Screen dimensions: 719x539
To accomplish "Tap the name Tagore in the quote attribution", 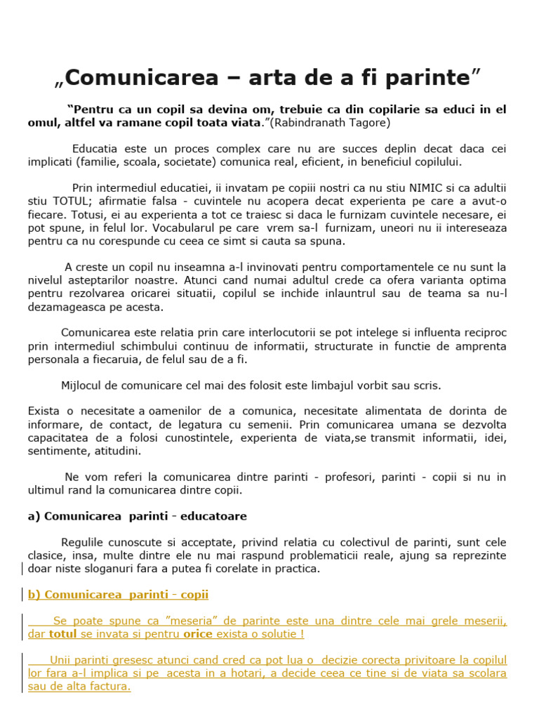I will tap(371, 122).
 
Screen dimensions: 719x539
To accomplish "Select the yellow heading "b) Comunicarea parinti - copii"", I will tap(118, 595).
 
